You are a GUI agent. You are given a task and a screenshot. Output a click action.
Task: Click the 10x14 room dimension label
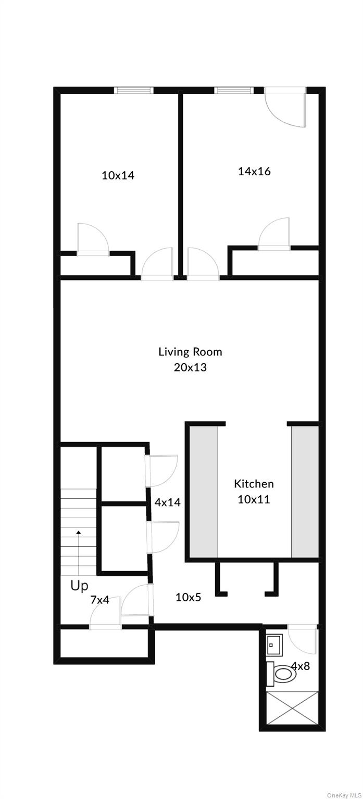click(x=118, y=175)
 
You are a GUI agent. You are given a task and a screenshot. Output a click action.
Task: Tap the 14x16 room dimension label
click(x=254, y=171)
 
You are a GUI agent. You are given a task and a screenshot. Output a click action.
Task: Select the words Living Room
click(x=190, y=352)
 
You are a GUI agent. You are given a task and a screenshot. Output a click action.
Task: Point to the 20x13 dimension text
click(x=190, y=367)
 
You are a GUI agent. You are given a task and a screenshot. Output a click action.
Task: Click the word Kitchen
click(x=254, y=484)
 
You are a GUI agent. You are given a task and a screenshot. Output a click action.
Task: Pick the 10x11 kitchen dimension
click(x=254, y=499)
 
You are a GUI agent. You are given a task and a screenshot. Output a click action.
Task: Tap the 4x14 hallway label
click(x=168, y=502)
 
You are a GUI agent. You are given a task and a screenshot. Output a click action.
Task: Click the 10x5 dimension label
click(x=188, y=597)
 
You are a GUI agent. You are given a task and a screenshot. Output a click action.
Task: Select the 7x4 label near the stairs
click(x=99, y=600)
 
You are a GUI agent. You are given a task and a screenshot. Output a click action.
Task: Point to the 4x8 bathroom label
click(x=301, y=666)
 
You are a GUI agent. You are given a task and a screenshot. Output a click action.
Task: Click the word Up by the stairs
click(x=79, y=586)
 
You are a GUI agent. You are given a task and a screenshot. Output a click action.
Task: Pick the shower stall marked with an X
click(x=292, y=707)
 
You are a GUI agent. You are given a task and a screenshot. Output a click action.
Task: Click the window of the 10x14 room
click(x=134, y=91)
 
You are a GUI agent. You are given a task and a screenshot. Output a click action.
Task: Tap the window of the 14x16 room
click(x=234, y=91)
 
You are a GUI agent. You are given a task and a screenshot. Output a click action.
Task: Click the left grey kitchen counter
click(x=204, y=492)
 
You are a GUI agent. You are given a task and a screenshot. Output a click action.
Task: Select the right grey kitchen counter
click(x=305, y=492)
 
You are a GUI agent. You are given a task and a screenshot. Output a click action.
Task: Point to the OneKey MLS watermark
click(x=343, y=795)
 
